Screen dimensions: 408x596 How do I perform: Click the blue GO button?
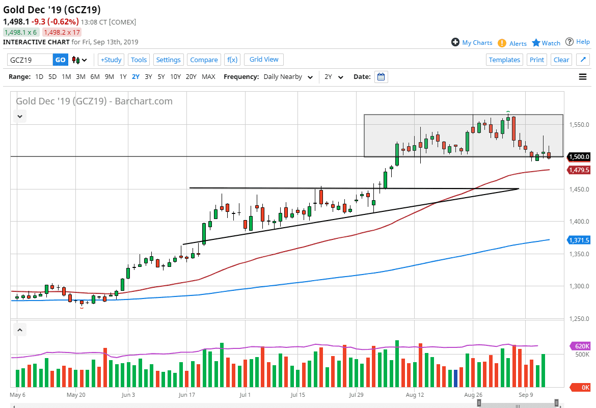[60, 60]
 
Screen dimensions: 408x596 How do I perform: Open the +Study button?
[111, 60]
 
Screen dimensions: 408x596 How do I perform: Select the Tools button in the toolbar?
[139, 60]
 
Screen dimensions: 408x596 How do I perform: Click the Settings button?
[168, 60]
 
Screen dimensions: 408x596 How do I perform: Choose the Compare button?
[204, 60]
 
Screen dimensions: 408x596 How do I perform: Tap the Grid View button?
[264, 60]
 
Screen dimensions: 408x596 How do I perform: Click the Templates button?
[504, 60]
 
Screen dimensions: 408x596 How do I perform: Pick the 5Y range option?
[161, 77]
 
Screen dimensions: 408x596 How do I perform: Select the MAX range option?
[208, 77]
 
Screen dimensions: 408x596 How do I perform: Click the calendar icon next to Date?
[381, 77]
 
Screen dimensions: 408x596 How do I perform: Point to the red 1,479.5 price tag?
[579, 170]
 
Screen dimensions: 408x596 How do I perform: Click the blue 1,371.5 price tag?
[579, 240]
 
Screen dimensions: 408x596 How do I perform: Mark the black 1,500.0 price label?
[579, 157]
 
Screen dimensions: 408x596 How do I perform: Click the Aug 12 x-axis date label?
[415, 394]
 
